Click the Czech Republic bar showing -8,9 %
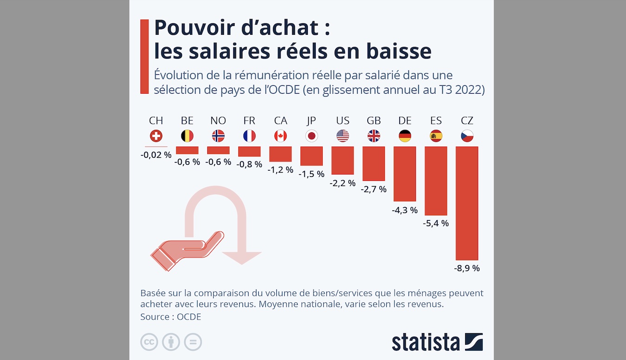[467, 203]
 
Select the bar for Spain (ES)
[436, 181]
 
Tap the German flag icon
[405, 136]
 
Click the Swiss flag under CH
[156, 136]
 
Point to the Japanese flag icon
[312, 136]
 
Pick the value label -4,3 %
[405, 210]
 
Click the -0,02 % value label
[156, 155]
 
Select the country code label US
[343, 121]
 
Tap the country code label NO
[218, 121]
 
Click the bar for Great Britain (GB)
[374, 163]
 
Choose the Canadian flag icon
[281, 136]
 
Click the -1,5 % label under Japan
[312, 174]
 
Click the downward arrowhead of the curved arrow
[242, 257]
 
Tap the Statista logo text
[426, 342]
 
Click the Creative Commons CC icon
[149, 342]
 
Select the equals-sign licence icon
[193, 342]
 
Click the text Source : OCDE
[171, 317]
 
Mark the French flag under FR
[249, 136]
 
